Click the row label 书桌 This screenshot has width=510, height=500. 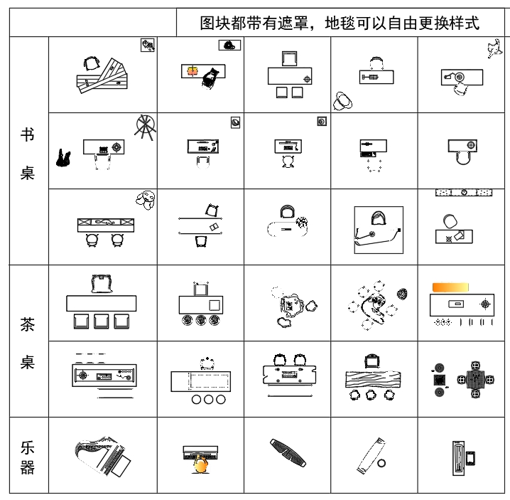click(27, 154)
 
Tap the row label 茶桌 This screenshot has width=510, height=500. click(27, 343)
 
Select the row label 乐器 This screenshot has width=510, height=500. click(27, 457)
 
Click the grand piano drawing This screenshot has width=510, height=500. click(102, 456)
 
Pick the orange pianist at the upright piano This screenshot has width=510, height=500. click(200, 464)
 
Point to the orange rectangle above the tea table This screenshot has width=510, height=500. click(450, 287)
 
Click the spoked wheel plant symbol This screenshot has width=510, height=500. click(145, 127)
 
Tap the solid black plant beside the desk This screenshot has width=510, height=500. click(63, 158)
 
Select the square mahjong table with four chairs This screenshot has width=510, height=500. click(475, 380)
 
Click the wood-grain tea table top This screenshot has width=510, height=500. click(373, 380)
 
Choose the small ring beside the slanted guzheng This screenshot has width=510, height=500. click(381, 463)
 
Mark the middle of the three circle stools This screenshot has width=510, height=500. click(209, 399)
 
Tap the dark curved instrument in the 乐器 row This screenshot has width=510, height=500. click(288, 452)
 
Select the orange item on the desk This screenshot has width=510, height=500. click(192, 70)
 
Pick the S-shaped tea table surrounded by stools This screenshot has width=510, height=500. click(374, 307)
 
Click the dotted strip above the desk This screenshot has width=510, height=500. click(464, 193)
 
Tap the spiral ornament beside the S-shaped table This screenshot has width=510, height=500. click(402, 294)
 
